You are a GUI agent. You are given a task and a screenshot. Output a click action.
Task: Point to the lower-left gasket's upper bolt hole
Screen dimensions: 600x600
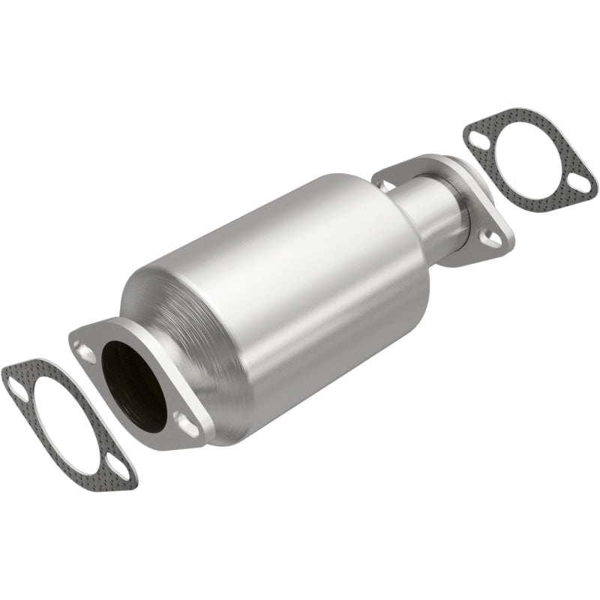point(16,383)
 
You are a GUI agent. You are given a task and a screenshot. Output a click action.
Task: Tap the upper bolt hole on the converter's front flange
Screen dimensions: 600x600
point(84,352)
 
